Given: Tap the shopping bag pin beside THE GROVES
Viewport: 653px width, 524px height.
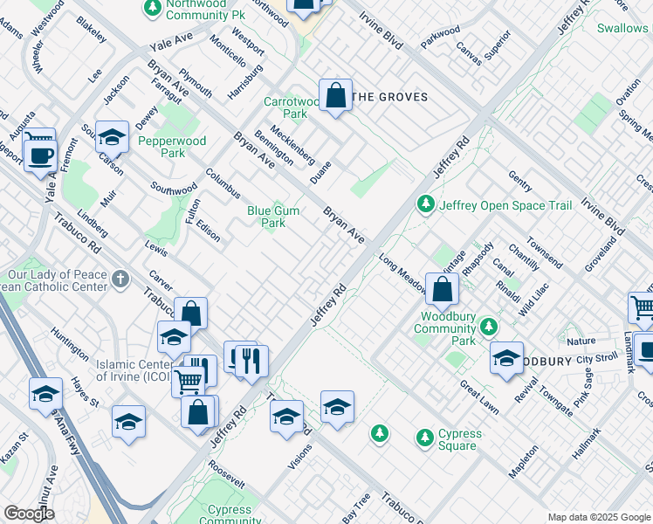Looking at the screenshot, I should click(335, 96).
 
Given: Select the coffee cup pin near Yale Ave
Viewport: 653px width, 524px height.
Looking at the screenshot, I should click(39, 155).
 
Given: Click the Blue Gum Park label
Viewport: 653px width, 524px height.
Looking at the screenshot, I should click(266, 216).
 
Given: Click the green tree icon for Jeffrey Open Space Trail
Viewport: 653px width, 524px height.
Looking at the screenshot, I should click(425, 204).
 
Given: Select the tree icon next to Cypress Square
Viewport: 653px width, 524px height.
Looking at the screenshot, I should click(424, 437).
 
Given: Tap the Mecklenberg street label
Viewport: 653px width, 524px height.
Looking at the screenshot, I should click(292, 143).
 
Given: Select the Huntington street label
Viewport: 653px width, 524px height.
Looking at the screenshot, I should click(70, 343).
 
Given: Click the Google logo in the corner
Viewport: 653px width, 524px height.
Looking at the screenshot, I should click(29, 514).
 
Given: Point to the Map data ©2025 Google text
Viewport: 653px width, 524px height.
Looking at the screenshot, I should click(598, 517).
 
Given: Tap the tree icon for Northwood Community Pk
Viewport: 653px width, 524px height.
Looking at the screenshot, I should click(152, 8).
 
